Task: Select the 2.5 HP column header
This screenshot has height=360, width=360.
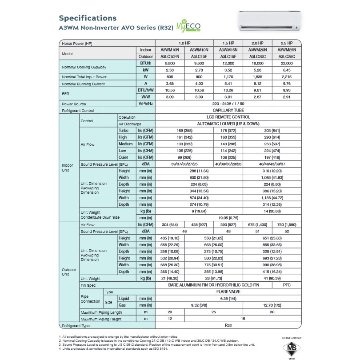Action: click(287, 43)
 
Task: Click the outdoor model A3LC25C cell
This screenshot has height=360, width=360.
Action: click(287, 56)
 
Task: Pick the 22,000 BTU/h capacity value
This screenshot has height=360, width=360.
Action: click(287, 64)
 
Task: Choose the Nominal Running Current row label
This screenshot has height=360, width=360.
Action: click(84, 84)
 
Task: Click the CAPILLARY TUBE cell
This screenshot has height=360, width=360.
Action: click(228, 110)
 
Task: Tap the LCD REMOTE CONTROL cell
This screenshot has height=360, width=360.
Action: click(228, 117)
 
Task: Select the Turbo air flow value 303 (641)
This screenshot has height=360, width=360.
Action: click(272, 131)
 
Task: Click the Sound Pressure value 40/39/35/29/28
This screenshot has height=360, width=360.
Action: click(228, 164)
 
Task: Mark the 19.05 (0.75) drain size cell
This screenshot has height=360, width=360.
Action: click(228, 218)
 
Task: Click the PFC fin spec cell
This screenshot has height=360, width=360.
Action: click(287, 285)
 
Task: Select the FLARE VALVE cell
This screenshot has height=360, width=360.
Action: click(228, 292)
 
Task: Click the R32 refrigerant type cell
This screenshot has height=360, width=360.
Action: click(228, 325)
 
